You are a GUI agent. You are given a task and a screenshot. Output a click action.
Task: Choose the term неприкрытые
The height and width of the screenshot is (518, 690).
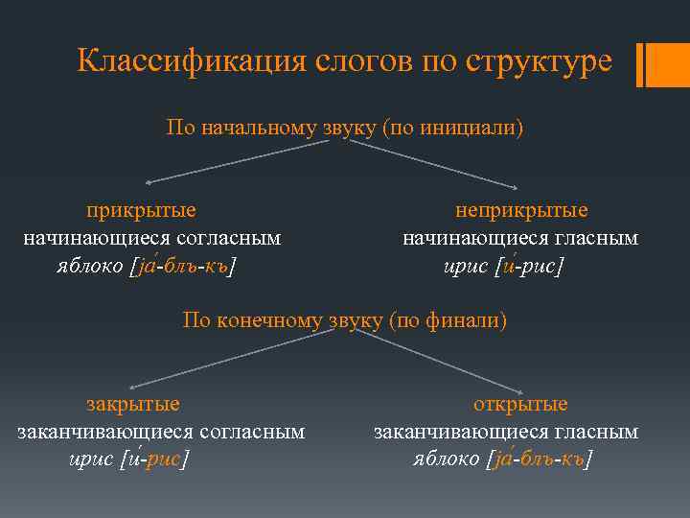click(x=521, y=211)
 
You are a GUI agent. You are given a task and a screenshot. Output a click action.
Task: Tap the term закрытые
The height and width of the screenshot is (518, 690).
click(x=133, y=405)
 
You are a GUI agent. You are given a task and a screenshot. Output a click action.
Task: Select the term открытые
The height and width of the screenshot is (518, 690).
click(x=520, y=405)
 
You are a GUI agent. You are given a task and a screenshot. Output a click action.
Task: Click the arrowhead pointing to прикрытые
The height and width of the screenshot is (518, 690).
click(x=149, y=181)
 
